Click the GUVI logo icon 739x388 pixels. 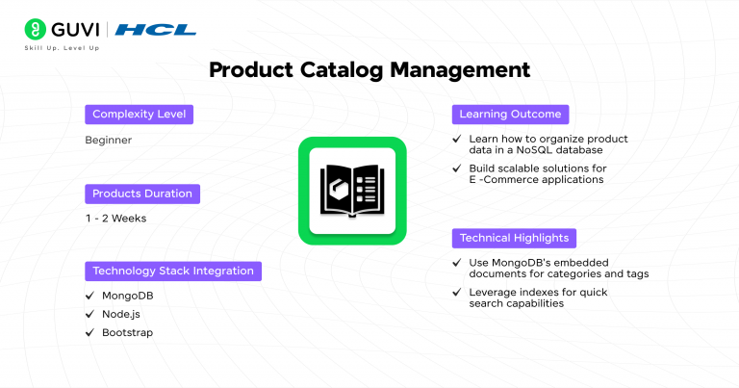pos(36,29)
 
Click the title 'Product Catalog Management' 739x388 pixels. pos(369,70)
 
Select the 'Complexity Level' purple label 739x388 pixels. pos(139,115)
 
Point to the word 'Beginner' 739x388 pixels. pos(108,141)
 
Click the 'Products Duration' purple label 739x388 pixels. pos(142,194)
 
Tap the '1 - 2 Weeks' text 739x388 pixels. pos(115,219)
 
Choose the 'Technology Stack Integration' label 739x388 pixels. pos(172,271)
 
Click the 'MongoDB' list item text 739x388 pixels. pos(127,296)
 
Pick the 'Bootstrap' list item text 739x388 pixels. pos(127,332)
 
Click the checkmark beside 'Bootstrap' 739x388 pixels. pos(89,332)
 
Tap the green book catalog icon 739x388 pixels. pos(351,190)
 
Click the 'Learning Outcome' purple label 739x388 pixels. pos(510,115)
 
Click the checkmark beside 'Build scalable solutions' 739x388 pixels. pos(457,168)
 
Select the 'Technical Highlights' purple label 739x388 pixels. pos(514,238)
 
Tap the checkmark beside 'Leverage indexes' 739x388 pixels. pos(457,292)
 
